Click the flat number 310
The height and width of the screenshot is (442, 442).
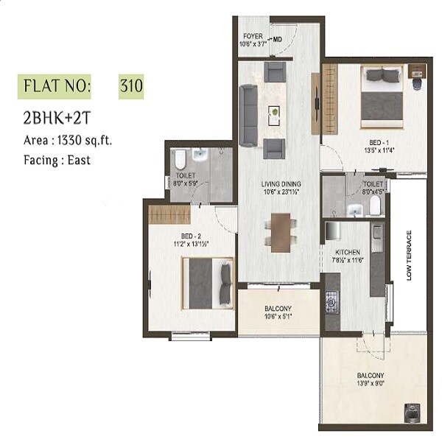coord(130,86)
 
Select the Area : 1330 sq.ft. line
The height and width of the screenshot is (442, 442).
coord(67,139)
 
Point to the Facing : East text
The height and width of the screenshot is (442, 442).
coord(56,159)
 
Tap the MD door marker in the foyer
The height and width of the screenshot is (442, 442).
coord(278,41)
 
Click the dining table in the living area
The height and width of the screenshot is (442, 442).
coord(280,231)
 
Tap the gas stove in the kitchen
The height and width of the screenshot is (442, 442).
coord(332,301)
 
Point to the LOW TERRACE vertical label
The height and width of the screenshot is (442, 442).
coord(409,255)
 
